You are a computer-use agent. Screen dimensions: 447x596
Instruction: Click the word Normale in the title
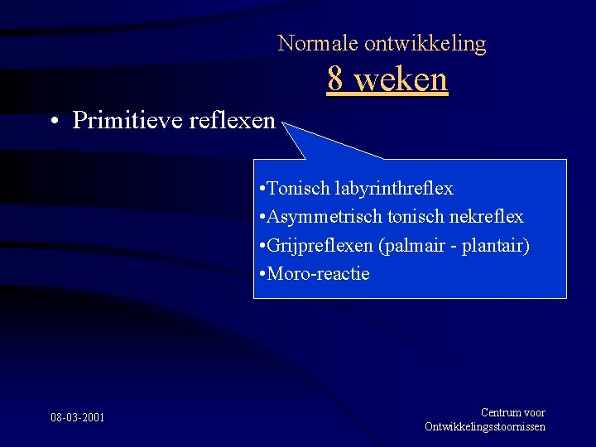(x=307, y=43)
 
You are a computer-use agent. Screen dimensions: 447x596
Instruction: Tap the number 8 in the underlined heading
(x=335, y=79)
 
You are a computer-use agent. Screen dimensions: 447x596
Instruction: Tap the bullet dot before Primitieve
(x=53, y=122)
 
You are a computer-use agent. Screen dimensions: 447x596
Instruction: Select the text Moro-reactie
(x=318, y=273)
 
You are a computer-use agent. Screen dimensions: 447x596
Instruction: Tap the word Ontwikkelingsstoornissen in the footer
(x=485, y=426)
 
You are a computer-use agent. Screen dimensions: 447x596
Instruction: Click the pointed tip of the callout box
(x=284, y=124)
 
